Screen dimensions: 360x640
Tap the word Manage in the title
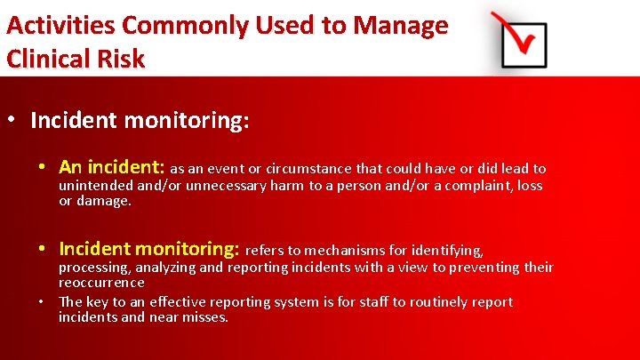tap(399, 25)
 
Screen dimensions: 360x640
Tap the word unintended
tap(95, 186)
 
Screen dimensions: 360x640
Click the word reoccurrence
tap(101, 283)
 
